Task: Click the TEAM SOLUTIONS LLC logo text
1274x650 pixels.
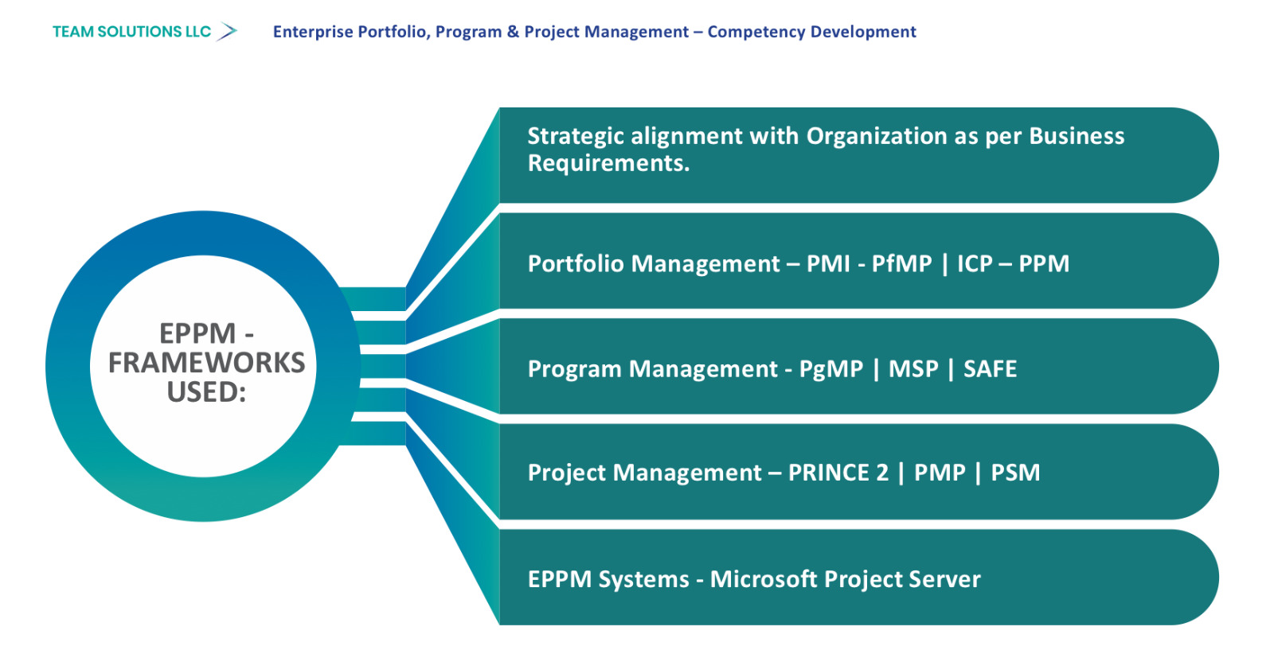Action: pos(131,32)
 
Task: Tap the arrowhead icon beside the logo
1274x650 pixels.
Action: pos(227,32)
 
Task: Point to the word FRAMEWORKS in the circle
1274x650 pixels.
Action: pos(206,363)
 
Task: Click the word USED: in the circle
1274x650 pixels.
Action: pos(206,392)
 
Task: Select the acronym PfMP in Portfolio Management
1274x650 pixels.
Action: pos(901,263)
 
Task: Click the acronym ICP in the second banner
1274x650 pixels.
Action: pos(975,263)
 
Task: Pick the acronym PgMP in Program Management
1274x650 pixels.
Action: pos(831,369)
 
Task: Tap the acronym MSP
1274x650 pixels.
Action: pos(913,369)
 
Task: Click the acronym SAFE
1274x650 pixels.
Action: pos(991,369)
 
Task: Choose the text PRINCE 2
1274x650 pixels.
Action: pos(838,473)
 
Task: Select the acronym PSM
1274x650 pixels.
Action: pos(1015,473)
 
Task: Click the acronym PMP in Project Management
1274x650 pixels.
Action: pos(940,473)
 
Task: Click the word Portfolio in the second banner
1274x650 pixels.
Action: pos(576,263)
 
